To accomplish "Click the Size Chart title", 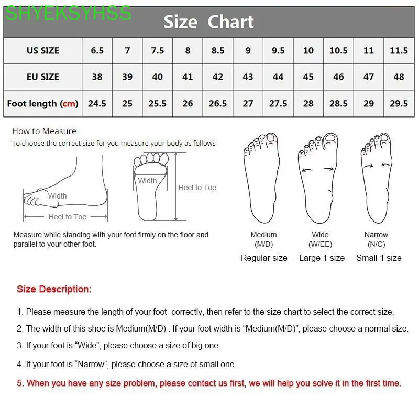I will click(208, 22).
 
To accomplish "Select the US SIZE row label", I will click(43, 51).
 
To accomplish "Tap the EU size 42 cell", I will click(218, 77).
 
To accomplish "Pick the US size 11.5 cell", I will click(399, 51).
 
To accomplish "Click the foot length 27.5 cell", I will click(278, 104).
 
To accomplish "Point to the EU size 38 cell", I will click(97, 77).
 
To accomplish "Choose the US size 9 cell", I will click(248, 51).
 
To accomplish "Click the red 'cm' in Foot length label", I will click(69, 104).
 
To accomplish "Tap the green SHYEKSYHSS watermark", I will click(68, 13).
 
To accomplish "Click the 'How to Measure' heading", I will click(44, 131).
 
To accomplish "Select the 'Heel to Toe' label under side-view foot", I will click(67, 217).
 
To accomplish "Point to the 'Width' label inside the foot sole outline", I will click(147, 181).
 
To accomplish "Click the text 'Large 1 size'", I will click(322, 258).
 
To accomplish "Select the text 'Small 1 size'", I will click(379, 258).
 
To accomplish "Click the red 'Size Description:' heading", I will click(54, 289).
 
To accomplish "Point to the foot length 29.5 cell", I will click(399, 104).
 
